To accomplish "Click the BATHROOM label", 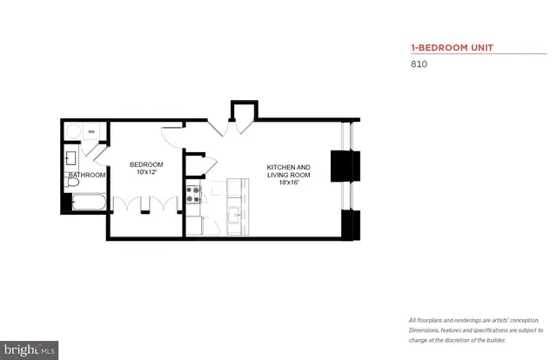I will pos(87,175).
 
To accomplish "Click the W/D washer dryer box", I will pos(91,132).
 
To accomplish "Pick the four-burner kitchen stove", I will pos(192,195).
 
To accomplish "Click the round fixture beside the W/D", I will pos(74,132).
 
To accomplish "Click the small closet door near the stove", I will pos(195,162).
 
